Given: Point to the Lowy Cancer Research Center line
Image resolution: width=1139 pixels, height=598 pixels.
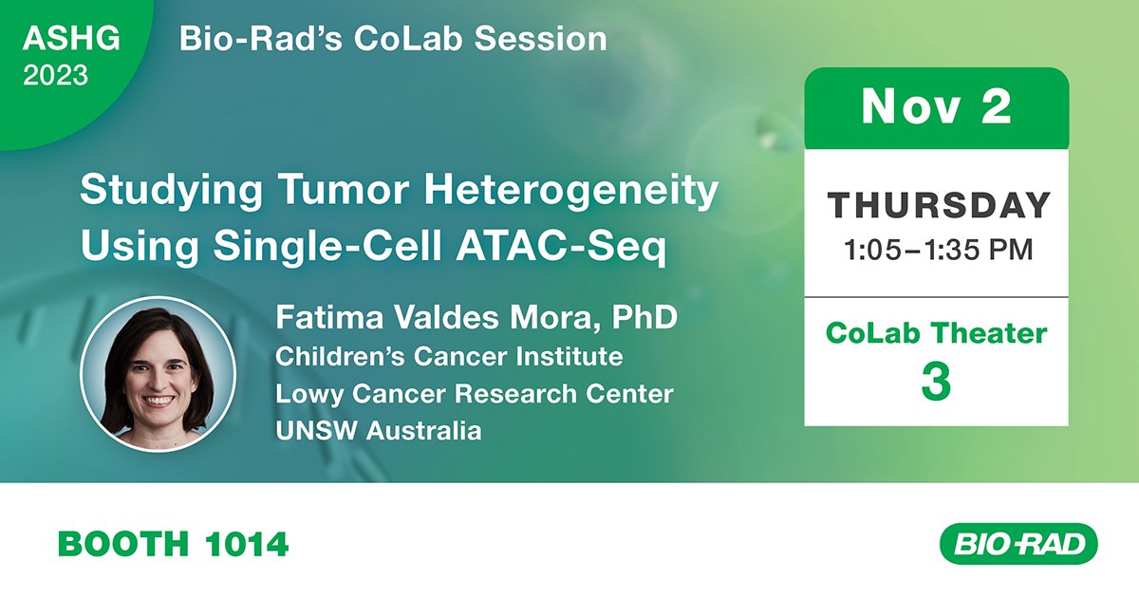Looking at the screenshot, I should pos(475,393).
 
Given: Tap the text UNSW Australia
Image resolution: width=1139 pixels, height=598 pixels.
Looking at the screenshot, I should pos(378,430).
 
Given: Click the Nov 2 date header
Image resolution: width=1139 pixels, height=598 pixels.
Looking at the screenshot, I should pos(936,108).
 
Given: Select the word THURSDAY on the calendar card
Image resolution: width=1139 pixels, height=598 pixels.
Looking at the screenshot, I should pos(938,205).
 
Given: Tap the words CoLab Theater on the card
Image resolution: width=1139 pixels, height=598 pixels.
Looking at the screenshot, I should pos(936,333).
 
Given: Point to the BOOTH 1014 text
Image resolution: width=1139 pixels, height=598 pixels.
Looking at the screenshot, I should pos(173,544).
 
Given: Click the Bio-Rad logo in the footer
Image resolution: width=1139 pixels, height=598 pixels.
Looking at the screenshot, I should pos(1017,544).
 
